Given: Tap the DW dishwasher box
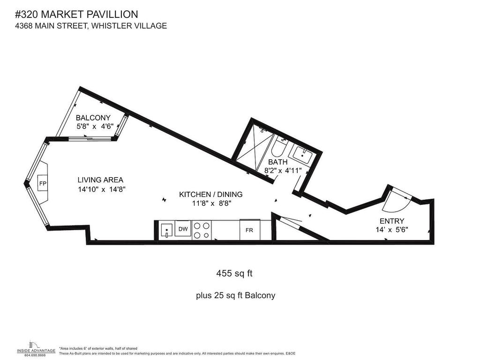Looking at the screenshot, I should coord(183,229).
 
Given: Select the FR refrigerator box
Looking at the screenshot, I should coord(249,230).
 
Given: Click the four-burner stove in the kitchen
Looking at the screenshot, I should coord(202,230).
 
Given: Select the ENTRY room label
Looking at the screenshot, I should coord(392,221).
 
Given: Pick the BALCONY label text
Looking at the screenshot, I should coord(93,118).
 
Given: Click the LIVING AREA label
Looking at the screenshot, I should coord(100,180).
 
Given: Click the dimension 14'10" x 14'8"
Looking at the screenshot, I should coord(102,189).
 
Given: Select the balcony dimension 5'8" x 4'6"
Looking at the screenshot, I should coord(95,126).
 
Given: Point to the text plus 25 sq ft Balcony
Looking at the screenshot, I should coord(235,295).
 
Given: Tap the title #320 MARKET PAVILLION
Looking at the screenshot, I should coord(76,15).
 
